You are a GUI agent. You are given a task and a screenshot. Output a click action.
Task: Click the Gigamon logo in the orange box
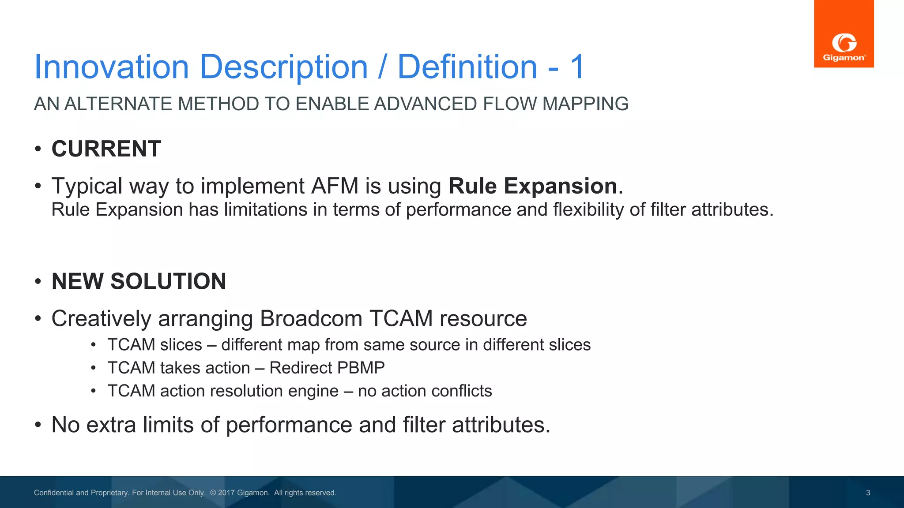click(844, 48)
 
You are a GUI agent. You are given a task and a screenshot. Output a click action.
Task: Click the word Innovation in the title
click(112, 67)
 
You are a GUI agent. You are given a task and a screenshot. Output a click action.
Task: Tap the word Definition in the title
click(467, 67)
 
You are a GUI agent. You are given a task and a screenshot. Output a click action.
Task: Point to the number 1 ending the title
click(577, 67)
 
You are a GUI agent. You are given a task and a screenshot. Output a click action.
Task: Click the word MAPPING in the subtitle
click(585, 104)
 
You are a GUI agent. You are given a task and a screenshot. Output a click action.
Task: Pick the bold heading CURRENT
click(106, 149)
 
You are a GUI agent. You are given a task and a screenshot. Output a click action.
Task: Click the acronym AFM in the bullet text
click(335, 186)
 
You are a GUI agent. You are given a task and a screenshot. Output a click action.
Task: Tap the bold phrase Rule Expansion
click(533, 186)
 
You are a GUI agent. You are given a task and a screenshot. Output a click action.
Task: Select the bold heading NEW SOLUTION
click(139, 281)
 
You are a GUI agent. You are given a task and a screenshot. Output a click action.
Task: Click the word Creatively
click(101, 318)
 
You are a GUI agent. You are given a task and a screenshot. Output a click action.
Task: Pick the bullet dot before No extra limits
click(38, 425)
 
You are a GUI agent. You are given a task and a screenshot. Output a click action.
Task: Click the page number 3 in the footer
click(868, 493)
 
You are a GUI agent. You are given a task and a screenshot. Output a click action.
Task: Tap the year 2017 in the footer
click(226, 493)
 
